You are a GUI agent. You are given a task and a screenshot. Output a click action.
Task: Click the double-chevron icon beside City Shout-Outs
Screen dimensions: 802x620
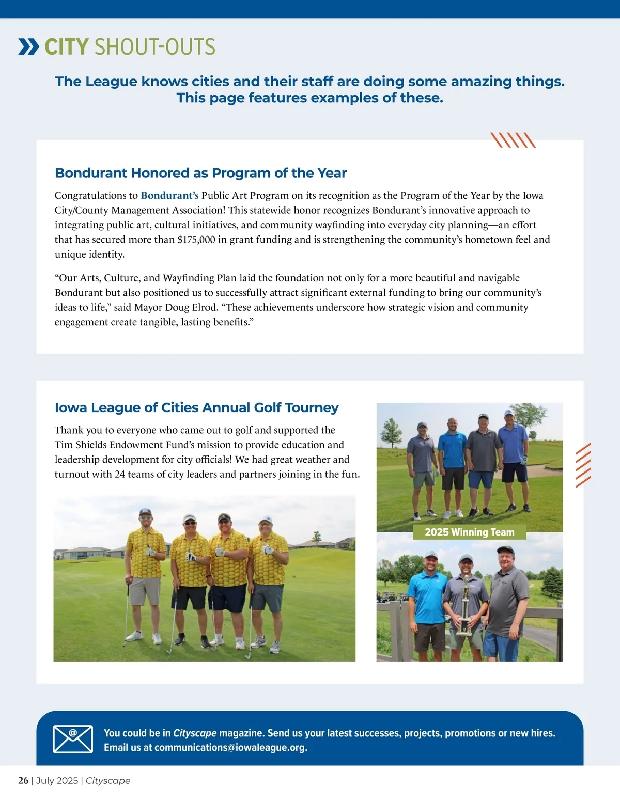click(28, 46)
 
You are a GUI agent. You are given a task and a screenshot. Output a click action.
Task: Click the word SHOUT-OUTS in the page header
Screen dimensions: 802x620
click(154, 47)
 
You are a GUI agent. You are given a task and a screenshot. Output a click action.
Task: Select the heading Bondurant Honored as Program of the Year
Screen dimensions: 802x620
click(200, 173)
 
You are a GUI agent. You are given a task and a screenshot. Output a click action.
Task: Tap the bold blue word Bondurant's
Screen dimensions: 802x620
click(169, 196)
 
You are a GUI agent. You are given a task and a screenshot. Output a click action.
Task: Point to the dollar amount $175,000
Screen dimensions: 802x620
click(196, 240)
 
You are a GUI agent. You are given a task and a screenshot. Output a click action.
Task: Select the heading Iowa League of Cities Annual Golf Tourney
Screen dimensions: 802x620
click(196, 407)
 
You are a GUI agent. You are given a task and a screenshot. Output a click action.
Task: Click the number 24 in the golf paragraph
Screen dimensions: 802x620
click(120, 475)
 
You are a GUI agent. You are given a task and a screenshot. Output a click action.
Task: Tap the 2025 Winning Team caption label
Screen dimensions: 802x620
click(469, 532)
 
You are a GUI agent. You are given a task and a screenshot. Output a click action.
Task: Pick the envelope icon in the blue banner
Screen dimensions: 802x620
click(73, 738)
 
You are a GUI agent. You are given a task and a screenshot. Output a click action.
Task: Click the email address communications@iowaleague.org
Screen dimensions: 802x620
click(230, 748)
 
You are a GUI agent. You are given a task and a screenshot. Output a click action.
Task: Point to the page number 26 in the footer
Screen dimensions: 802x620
click(23, 781)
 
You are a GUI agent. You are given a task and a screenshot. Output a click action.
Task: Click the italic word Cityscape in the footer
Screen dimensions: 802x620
click(108, 781)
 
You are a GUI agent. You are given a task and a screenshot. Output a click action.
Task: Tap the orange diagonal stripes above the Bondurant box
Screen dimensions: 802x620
click(513, 140)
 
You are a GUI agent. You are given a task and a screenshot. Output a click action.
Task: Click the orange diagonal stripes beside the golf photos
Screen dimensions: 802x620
click(583, 465)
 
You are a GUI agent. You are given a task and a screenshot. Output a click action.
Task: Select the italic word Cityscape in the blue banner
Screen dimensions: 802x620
click(195, 733)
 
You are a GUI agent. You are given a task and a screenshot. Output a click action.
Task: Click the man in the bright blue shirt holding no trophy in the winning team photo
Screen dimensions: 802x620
click(428, 599)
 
